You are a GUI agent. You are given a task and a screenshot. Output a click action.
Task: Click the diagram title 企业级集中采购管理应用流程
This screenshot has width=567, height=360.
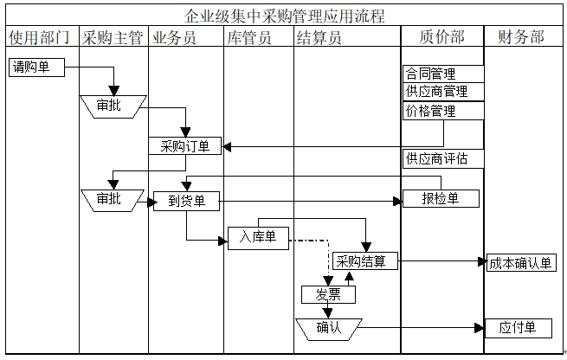point(285,16)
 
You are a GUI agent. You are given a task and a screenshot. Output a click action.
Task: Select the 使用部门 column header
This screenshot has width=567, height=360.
point(38,37)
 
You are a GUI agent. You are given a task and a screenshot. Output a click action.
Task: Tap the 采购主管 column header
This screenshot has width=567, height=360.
point(113,37)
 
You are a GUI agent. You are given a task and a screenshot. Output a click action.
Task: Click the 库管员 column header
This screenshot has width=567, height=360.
point(248,37)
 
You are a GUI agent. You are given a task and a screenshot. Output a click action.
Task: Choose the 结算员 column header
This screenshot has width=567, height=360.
point(319,37)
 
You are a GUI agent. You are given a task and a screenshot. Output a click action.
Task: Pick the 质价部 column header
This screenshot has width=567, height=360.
point(441,37)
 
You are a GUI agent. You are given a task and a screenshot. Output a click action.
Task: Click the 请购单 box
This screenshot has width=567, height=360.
point(36,67)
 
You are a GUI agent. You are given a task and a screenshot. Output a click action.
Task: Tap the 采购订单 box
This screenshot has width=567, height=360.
point(185,146)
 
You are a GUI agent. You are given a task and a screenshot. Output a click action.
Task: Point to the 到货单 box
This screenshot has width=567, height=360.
point(186,202)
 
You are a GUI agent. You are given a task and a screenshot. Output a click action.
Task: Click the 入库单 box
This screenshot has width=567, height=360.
point(258,238)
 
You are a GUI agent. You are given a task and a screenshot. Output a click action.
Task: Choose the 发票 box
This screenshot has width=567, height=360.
point(328,294)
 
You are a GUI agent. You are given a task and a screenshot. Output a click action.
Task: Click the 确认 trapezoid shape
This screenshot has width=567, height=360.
point(328,328)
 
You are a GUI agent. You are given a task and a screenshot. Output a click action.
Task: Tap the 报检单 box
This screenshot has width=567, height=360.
point(441,199)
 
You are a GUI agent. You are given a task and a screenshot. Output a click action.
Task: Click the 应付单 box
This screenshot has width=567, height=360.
point(519,328)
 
